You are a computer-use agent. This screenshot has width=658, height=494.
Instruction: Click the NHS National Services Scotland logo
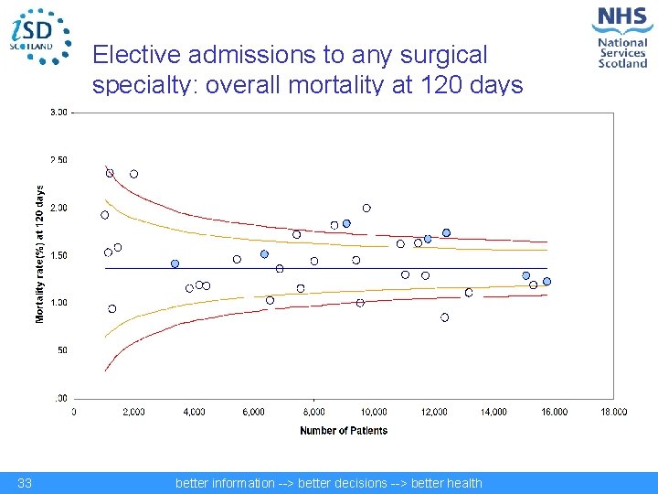621,36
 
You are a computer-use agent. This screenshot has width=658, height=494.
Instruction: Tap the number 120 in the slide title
446,86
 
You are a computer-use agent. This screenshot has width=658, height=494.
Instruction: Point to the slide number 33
25,483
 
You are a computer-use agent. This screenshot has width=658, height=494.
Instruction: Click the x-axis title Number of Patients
344,430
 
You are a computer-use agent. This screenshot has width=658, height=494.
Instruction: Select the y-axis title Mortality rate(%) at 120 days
39,254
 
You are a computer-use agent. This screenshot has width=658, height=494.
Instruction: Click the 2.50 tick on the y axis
58,160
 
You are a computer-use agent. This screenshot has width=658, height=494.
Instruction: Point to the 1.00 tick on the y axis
58,303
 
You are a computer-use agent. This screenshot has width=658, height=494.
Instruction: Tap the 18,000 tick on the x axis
613,412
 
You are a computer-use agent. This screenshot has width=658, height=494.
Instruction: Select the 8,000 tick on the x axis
313,412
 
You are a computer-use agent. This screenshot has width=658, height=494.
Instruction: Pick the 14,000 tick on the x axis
493,412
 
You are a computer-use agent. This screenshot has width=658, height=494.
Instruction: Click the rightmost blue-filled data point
547,282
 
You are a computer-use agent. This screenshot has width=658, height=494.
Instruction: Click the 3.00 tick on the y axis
58,113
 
